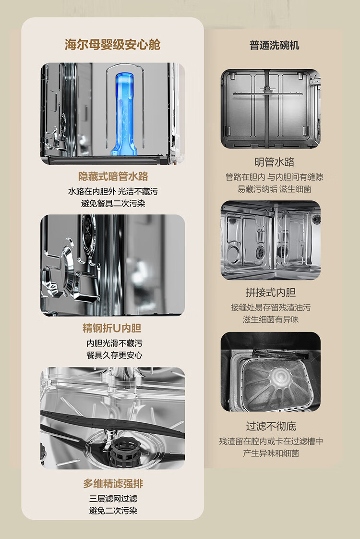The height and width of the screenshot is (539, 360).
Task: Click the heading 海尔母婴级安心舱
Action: coord(113,45)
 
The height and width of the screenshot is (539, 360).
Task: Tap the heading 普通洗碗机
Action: coord(274,45)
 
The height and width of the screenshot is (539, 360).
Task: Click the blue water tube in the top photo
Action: coord(124,113)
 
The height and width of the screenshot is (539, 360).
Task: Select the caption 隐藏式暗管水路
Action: coord(113,176)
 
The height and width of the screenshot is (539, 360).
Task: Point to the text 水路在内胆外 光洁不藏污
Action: coord(113,192)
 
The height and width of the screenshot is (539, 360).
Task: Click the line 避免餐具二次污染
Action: coord(113,204)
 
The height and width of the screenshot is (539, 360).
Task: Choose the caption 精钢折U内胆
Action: coord(112,328)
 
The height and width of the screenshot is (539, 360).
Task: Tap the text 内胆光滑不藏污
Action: coord(114,343)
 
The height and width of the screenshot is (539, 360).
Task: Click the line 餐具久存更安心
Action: coord(114,355)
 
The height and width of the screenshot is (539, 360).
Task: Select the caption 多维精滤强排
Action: coord(113,484)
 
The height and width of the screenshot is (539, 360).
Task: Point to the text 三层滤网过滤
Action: coord(113,499)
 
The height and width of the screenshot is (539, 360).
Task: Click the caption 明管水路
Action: coord(274,162)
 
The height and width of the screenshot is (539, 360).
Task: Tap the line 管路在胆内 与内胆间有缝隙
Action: coord(274,177)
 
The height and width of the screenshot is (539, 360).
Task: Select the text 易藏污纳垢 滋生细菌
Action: coord(274,189)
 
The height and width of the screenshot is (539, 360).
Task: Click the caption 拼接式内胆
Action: coord(271,293)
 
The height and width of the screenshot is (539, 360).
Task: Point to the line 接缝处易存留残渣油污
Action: coord(271,307)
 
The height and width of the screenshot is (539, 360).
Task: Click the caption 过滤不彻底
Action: coord(271,426)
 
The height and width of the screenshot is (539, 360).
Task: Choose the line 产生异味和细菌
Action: coord(271,453)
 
